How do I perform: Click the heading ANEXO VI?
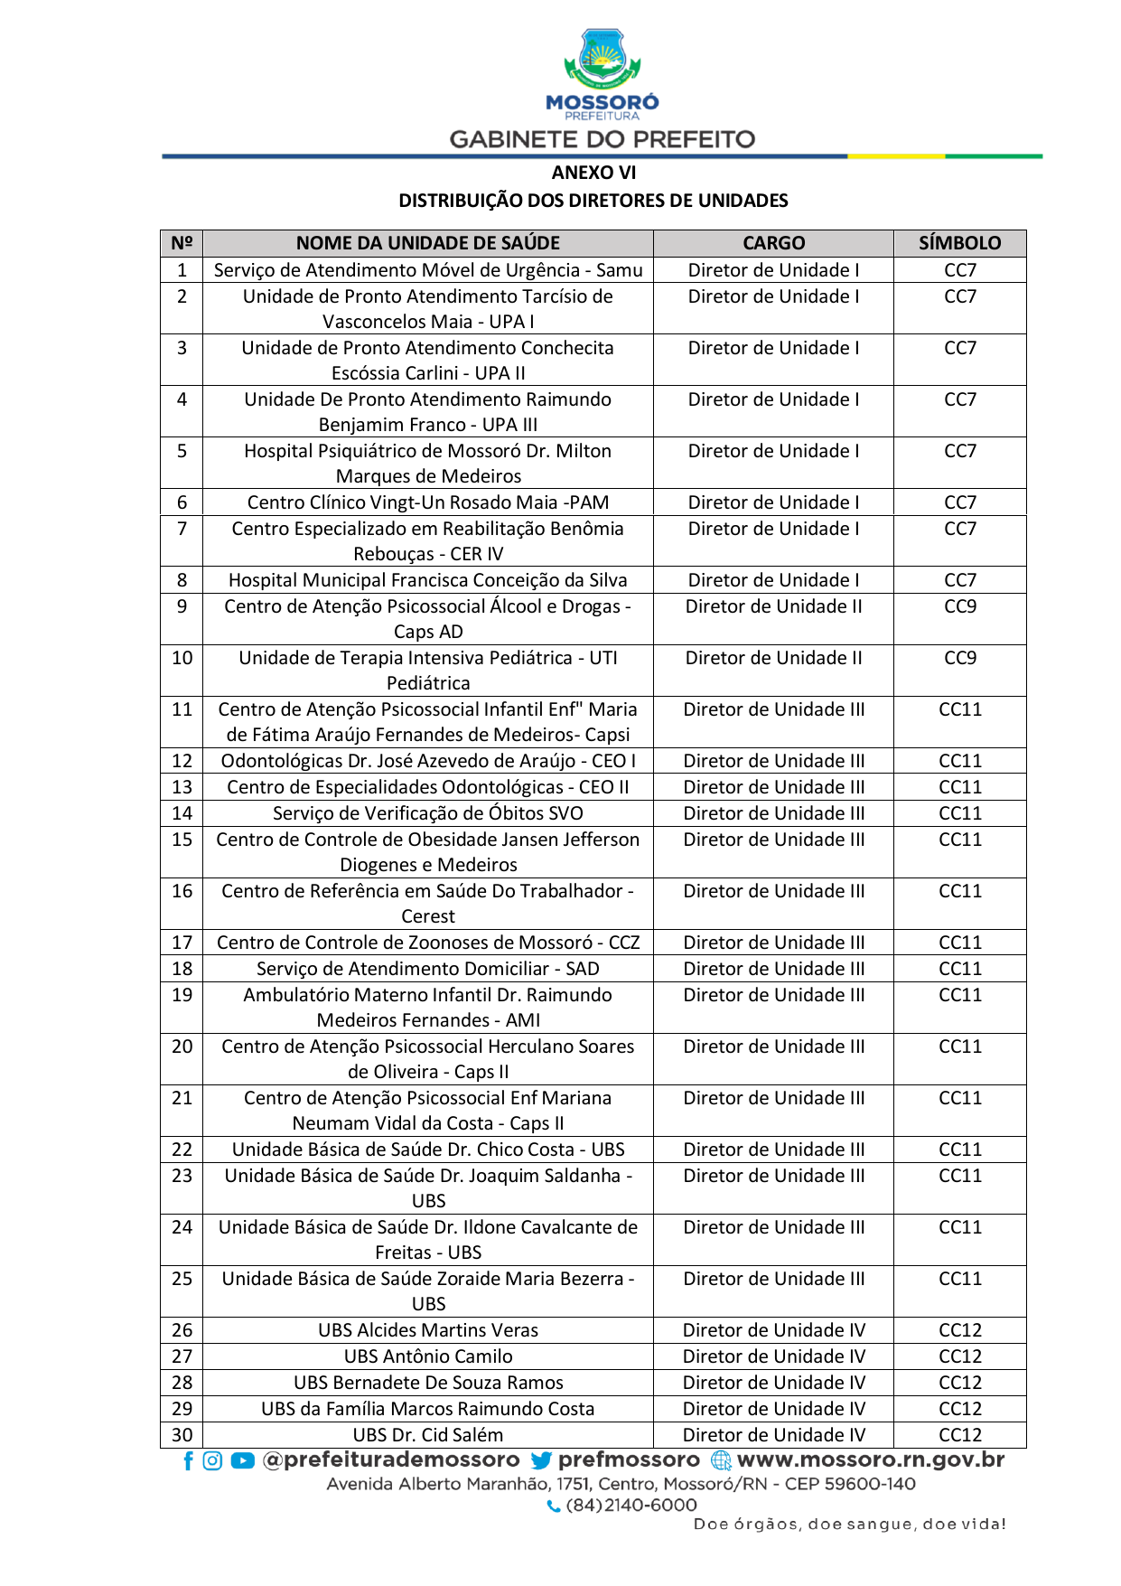pos(593,173)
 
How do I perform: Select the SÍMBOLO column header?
pos(959,243)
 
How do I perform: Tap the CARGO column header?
pos(773,243)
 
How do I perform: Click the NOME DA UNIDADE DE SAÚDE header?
pos(428,243)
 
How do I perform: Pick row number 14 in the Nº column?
pos(182,813)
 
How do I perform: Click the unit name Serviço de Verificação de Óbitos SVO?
pos(428,813)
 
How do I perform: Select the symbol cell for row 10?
pos(959,659)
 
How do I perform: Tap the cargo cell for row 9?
pos(773,607)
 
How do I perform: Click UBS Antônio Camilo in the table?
pos(428,1356)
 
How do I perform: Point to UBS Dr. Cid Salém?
pos(428,1435)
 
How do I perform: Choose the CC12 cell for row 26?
pos(959,1330)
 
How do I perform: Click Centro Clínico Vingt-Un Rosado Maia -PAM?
pos(428,502)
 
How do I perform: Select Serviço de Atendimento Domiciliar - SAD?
pos(428,969)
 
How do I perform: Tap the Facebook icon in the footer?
pos(188,1461)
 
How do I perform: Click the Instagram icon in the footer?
pos(212,1461)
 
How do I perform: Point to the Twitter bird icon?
pos(541,1461)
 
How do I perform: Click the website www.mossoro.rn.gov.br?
pos(870,1460)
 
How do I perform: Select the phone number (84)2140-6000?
pos(631,1506)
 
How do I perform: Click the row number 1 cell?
pos(182,270)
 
